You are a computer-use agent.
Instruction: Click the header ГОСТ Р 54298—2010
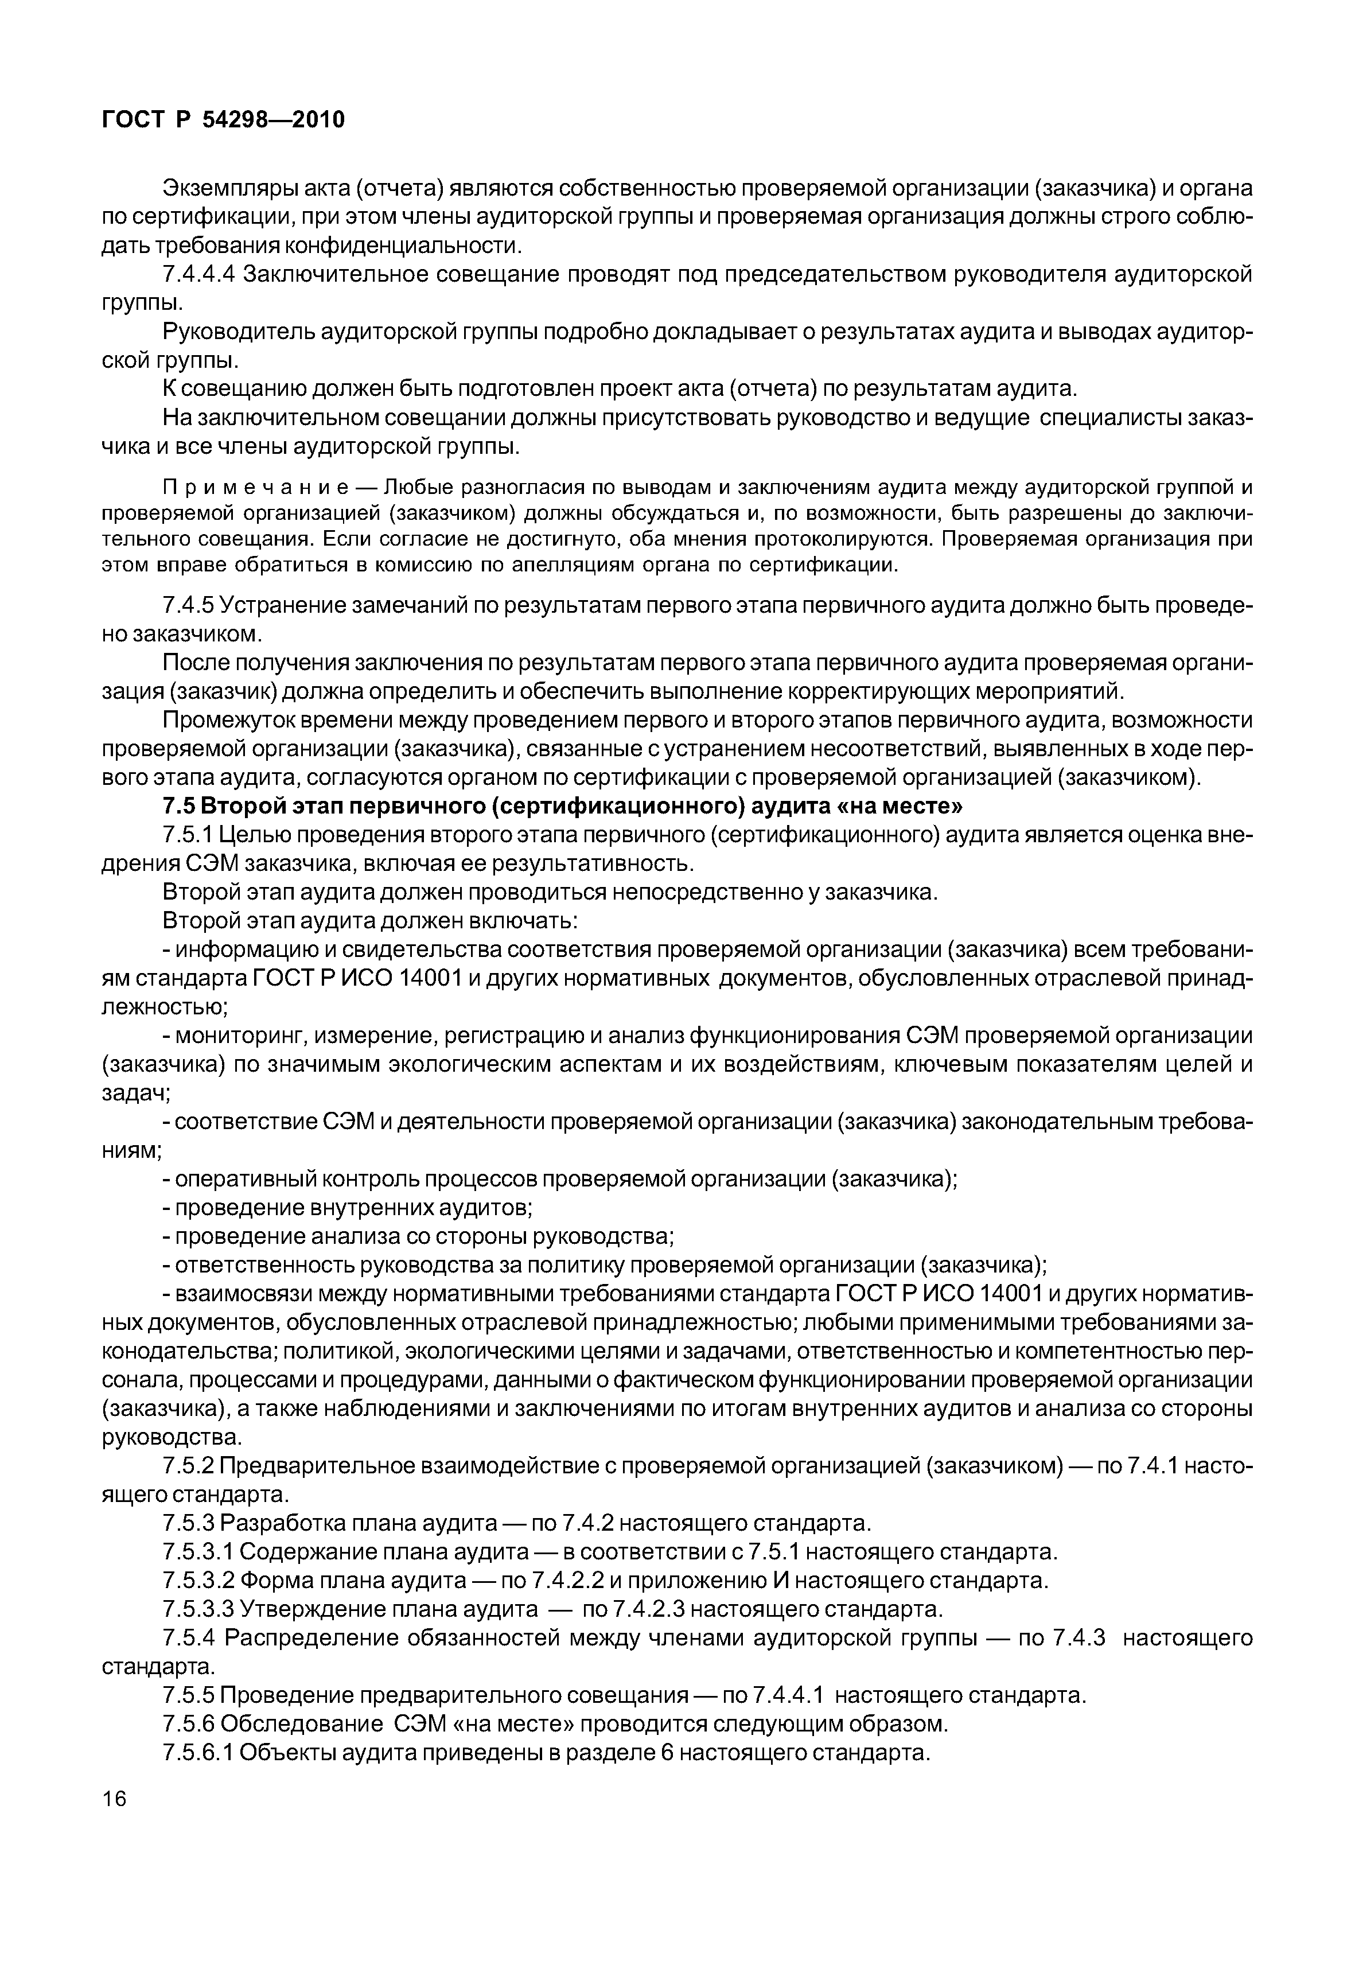coord(223,120)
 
